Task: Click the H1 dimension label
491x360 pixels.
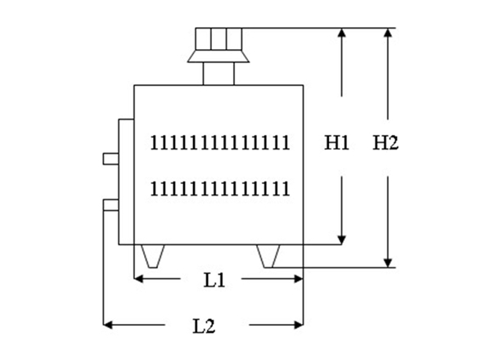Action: point(337,143)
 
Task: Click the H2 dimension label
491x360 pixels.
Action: point(385,143)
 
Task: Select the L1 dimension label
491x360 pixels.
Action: point(214,280)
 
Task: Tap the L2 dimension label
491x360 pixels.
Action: point(204,326)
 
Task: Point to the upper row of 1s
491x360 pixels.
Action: point(220,142)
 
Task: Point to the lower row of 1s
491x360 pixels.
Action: point(220,189)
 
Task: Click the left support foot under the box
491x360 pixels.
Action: point(152,256)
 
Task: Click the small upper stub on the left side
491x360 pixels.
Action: point(110,158)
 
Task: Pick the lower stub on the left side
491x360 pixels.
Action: point(110,203)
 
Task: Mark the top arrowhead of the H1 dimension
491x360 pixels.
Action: point(341,33)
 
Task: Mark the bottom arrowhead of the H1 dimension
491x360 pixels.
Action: point(341,238)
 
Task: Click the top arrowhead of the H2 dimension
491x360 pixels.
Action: point(388,33)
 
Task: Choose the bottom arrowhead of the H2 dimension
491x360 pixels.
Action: point(388,262)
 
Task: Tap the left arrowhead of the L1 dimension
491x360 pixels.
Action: point(138,279)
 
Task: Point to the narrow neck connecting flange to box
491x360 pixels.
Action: point(218,74)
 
